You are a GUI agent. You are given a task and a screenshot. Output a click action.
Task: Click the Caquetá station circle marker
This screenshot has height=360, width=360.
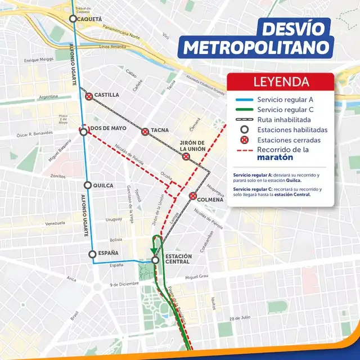coord(73,19)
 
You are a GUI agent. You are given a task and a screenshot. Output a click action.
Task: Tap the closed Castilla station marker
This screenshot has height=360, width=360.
coord(89,96)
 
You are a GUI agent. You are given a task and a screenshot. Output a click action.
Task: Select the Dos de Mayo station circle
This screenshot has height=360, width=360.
coord(84,132)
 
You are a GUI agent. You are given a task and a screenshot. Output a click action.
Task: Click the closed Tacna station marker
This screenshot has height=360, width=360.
coord(145,131)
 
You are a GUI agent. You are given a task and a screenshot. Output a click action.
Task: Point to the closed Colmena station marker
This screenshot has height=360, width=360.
coord(193,196)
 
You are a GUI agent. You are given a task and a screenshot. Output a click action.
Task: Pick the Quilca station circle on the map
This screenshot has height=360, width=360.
coord(88,185)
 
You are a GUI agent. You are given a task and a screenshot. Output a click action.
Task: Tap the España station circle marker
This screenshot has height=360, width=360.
coord(93,254)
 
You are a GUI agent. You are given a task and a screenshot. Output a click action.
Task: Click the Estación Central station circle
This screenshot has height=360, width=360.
coord(156,260)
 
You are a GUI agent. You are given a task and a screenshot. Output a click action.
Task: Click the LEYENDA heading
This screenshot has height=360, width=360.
coord(281,82)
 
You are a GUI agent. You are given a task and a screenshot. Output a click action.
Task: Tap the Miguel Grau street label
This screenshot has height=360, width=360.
coord(196,277)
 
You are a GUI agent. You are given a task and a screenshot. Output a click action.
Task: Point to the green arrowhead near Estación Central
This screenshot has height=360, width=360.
coord(153,250)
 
